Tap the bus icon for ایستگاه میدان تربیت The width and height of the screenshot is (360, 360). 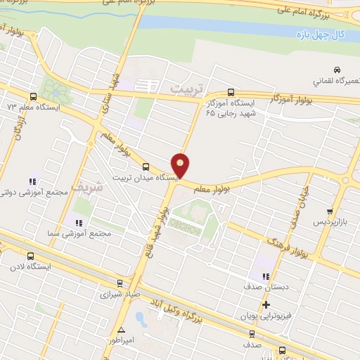pos(146,167)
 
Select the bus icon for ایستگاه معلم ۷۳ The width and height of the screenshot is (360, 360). pos(32,97)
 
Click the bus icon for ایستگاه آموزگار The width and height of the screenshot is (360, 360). pos(231,92)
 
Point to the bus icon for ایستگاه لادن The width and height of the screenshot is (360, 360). pos(30,256)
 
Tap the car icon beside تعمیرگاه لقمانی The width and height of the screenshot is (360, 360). pos(337,70)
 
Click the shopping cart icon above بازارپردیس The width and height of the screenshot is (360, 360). pos(329,211)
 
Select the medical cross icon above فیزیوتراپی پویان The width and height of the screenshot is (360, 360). pos(266,304)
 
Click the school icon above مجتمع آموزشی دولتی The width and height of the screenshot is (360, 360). pos(30,182)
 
